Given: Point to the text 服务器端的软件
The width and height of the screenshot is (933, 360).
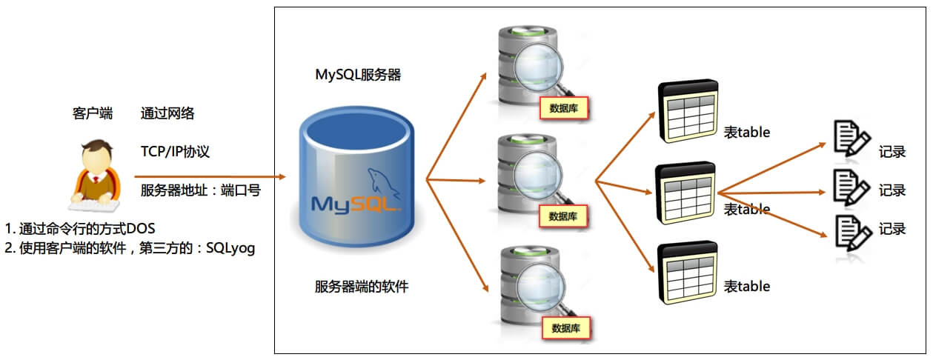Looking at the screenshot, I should click(361, 287).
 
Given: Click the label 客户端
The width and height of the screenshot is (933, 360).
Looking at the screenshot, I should click(93, 113).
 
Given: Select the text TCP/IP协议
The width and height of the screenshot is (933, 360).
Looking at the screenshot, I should click(176, 151).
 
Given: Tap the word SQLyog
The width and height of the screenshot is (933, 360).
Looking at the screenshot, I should click(229, 248).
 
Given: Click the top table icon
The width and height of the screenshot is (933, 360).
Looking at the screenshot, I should click(688, 110).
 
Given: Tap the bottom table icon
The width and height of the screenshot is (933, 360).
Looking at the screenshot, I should click(688, 271).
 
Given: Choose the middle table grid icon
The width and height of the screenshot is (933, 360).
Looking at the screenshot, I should click(686, 192).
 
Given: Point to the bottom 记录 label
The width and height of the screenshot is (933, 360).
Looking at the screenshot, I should click(892, 229).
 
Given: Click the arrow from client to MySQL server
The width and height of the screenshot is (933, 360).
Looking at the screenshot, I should click(210, 177).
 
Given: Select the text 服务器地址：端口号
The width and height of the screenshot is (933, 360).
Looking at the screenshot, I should click(200, 190).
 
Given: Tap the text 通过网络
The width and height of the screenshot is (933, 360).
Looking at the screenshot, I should click(167, 113).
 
